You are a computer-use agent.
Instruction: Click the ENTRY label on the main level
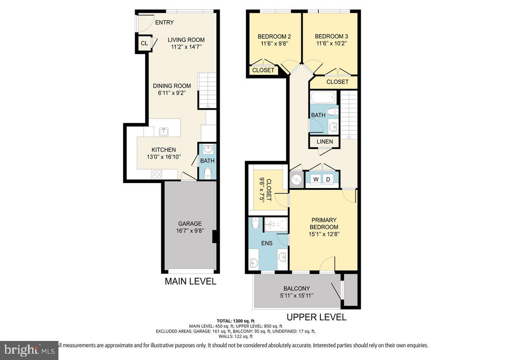tap(164, 22)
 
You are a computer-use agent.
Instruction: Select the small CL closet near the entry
tap(144, 43)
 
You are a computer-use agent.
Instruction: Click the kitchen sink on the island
tap(163, 132)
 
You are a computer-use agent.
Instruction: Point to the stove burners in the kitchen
tap(156, 174)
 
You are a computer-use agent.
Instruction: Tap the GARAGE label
tap(190, 224)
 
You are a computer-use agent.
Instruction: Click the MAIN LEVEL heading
tap(190, 282)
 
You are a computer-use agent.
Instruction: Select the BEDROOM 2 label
tap(274, 36)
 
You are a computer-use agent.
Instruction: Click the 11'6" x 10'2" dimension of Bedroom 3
tap(331, 43)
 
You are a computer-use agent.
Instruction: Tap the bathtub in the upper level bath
tap(324, 98)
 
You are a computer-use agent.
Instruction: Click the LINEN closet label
tap(325, 141)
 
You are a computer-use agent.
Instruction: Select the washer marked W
tap(316, 179)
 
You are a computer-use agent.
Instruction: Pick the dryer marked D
tap(328, 179)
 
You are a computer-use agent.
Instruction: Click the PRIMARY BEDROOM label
tap(324, 223)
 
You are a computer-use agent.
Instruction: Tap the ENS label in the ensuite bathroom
tap(267, 244)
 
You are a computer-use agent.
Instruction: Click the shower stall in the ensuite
tap(276, 225)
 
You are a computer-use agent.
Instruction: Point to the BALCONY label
tap(297, 288)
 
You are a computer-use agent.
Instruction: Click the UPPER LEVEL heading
tap(316, 317)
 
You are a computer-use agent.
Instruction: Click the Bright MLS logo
tap(29, 350)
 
